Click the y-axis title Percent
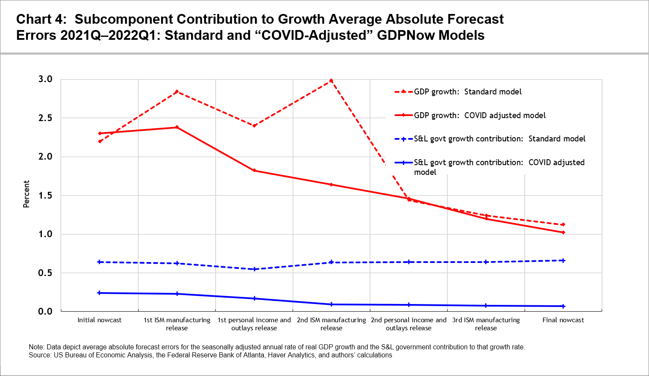tap(26, 194)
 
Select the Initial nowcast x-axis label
tap(99, 320)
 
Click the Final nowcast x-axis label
tap(563, 320)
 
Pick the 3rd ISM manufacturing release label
tap(486, 324)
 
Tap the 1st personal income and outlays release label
tap(254, 324)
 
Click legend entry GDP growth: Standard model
tap(468, 92)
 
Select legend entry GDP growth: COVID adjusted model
tap(479, 115)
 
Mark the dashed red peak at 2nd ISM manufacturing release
tap(331, 80)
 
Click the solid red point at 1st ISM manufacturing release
tap(177, 127)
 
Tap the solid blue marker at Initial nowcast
tap(99, 293)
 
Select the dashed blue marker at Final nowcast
tap(563, 260)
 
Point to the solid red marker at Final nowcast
tap(563, 232)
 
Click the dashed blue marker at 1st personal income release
tap(254, 269)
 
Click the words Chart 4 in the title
tap(41, 19)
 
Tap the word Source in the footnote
tap(39, 355)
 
